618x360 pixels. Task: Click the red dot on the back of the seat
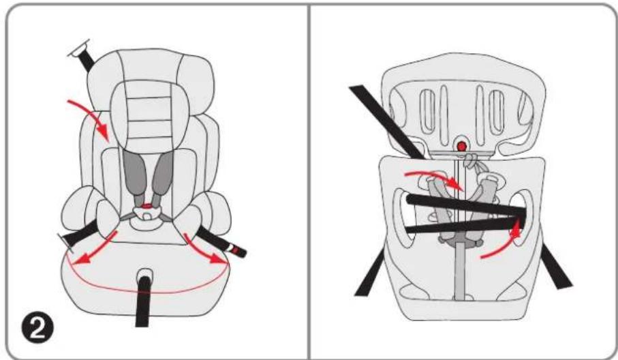(x=462, y=145)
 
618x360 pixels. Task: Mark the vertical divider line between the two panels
(x=309, y=180)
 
